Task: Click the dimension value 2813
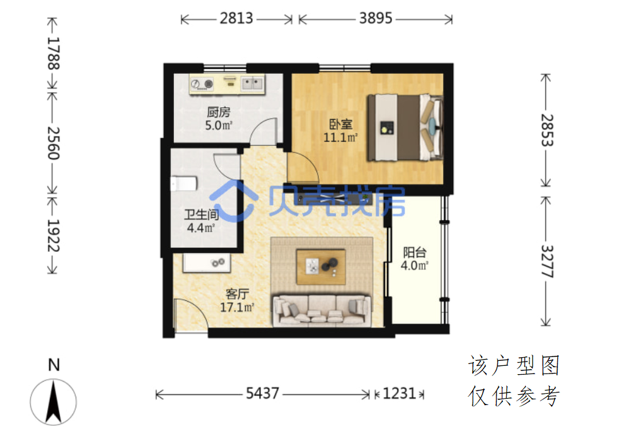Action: coord(236,18)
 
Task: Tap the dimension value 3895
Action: coord(376,18)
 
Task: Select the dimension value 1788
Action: coord(54,54)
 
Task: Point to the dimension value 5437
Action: coord(262,394)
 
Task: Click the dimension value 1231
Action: coord(399,394)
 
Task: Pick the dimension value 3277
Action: coord(547,261)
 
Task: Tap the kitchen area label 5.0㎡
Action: coord(219,126)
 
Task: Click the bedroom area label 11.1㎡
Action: coord(340,138)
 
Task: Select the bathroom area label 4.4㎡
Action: coord(201,228)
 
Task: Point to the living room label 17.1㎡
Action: coord(237,307)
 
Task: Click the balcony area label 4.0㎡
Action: coord(414,266)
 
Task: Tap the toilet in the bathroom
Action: coord(184,184)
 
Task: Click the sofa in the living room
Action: coord(321,310)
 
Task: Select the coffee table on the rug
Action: coord(321,266)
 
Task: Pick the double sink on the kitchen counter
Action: coord(253,84)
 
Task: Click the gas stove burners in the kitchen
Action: coord(202,84)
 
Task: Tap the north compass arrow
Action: coord(54,401)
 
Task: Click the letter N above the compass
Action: coord(54,365)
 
